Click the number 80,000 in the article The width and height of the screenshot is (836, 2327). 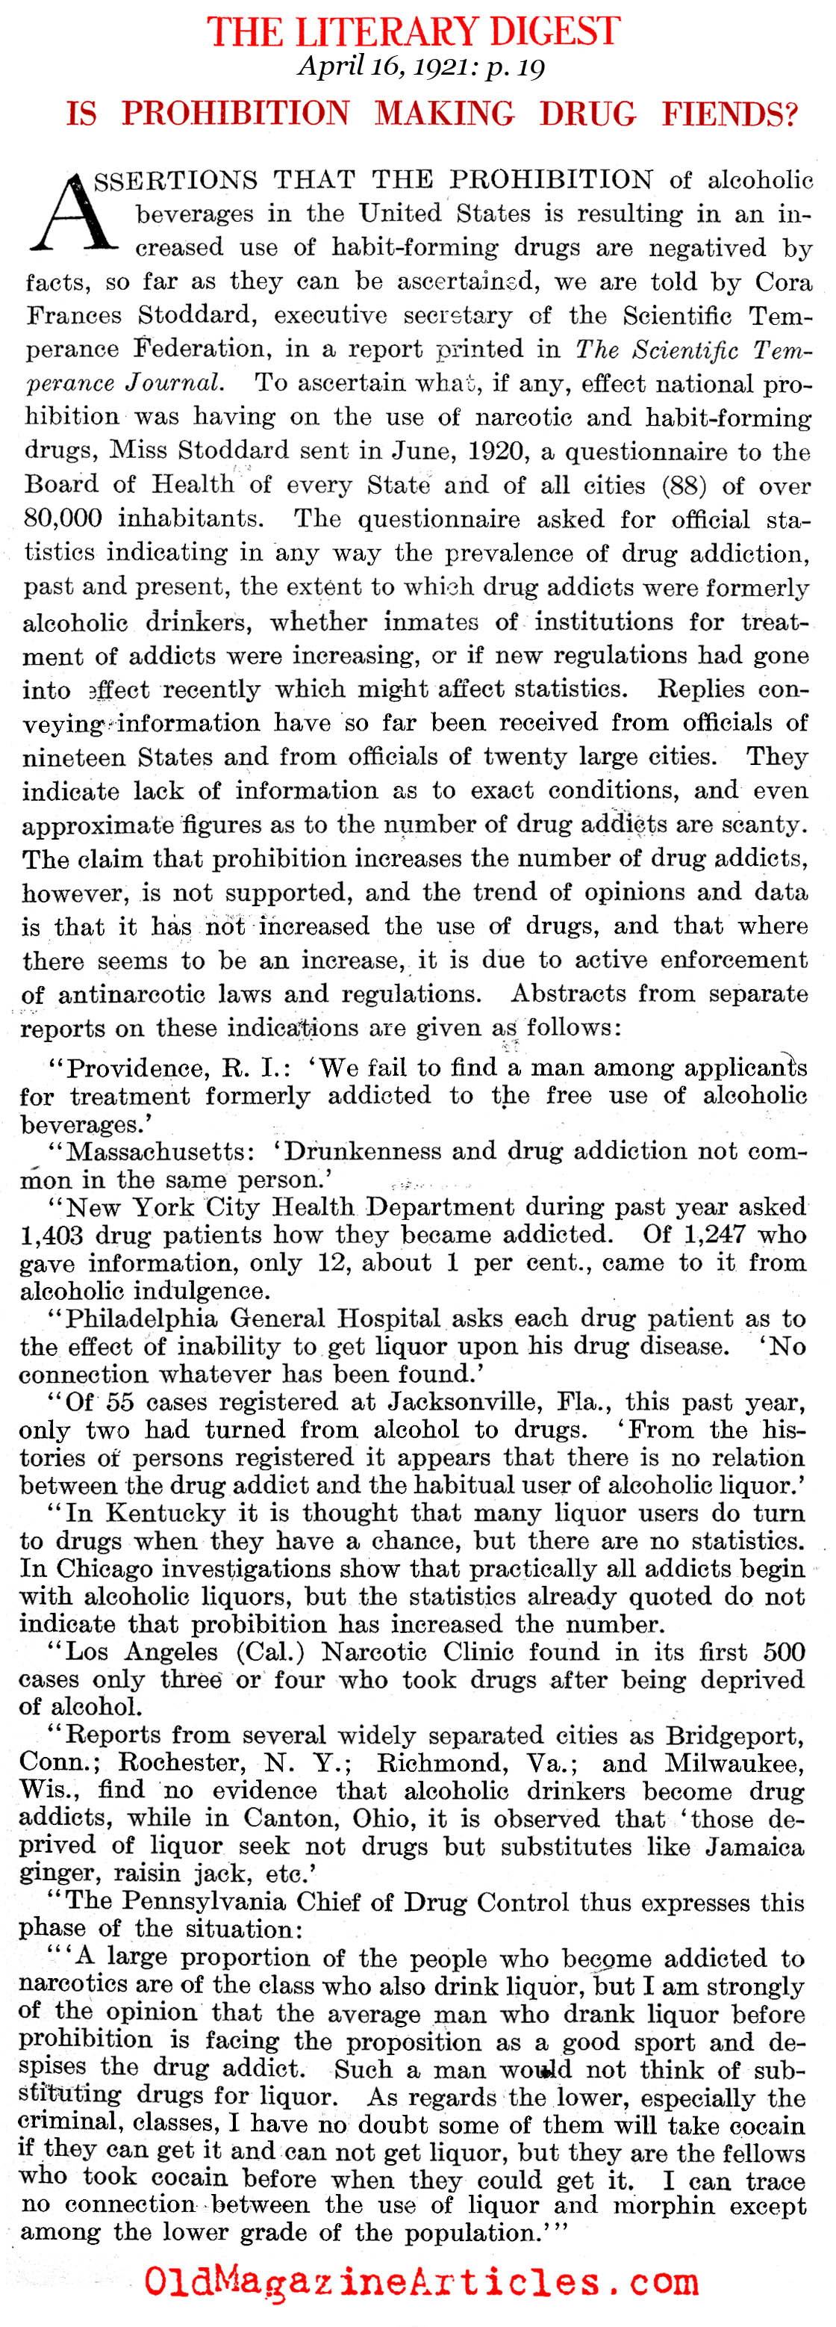[63, 518]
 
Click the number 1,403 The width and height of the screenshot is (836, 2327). [53, 1235]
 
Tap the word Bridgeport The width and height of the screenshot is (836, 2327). [734, 1735]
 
